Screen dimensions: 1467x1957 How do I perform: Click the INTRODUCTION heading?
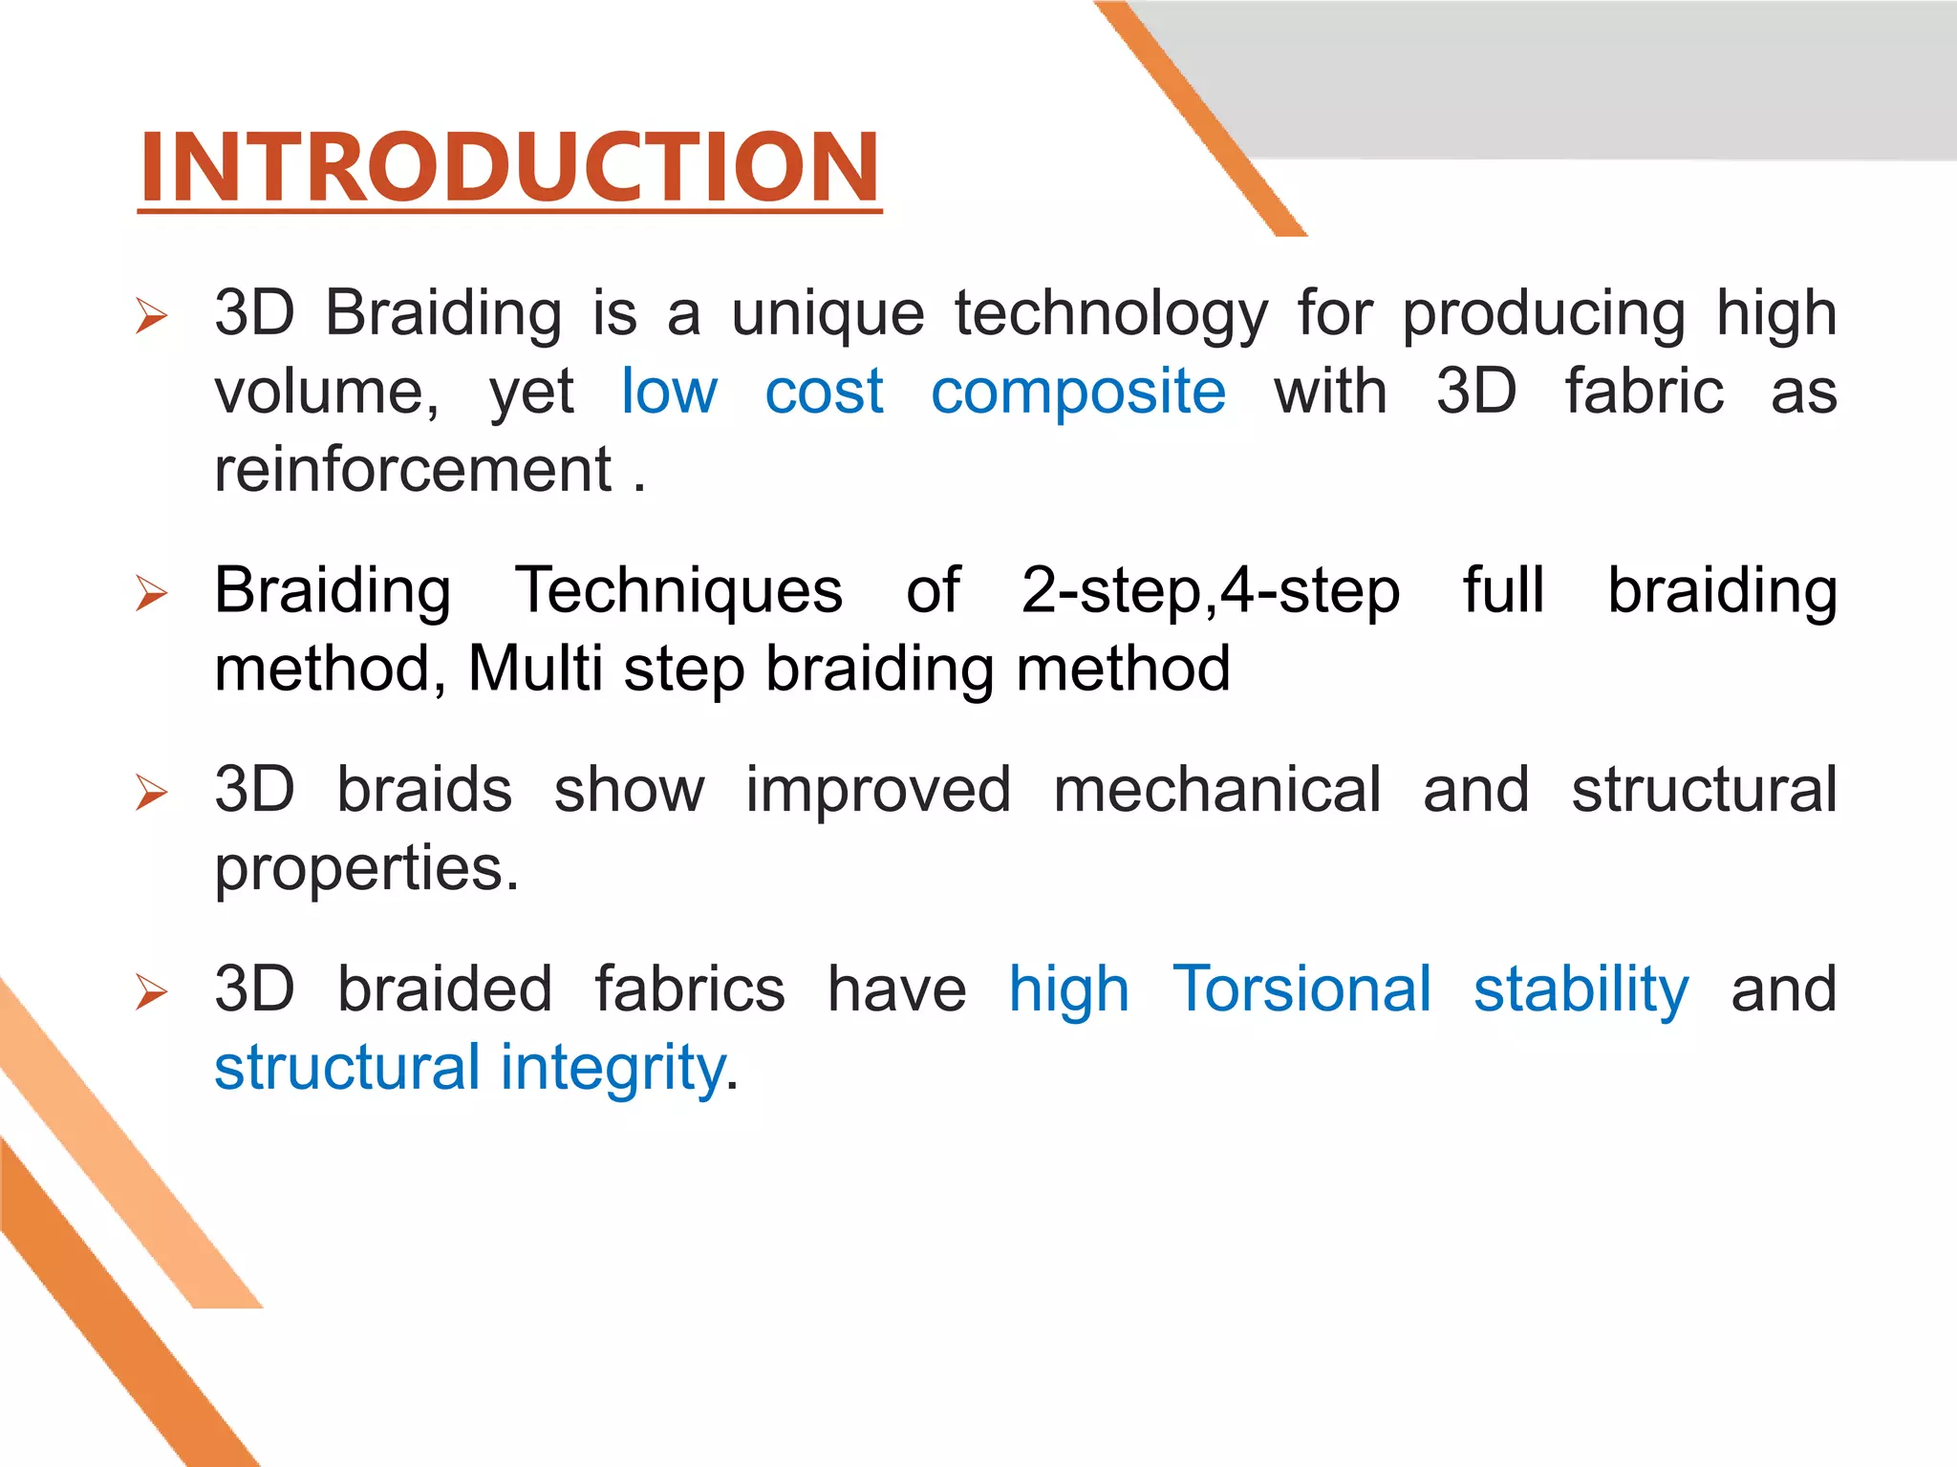coord(508,167)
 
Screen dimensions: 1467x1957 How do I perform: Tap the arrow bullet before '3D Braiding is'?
coord(151,315)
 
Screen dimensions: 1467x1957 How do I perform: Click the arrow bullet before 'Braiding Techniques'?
coord(151,593)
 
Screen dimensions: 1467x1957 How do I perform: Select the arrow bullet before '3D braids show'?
coord(151,792)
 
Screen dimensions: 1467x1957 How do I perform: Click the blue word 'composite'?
coord(1078,393)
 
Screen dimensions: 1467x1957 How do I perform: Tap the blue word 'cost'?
coord(824,393)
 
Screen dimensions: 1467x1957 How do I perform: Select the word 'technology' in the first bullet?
coord(1110,315)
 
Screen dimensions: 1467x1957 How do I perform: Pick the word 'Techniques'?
coord(678,591)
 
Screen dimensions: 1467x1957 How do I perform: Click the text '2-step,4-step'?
coord(1210,591)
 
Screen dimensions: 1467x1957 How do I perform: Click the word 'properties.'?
coord(367,869)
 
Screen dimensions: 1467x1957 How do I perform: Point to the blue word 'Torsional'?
coord(1301,989)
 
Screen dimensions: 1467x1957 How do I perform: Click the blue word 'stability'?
coord(1581,989)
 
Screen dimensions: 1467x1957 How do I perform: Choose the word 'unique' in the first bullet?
coord(828,315)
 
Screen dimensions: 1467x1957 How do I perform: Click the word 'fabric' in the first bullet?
coord(1644,393)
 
